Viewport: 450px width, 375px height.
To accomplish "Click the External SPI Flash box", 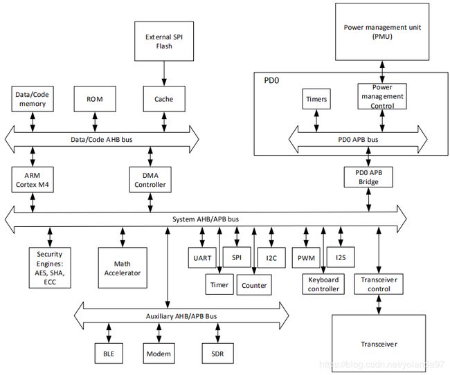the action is point(164,41).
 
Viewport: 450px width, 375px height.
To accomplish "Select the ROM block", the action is point(95,99).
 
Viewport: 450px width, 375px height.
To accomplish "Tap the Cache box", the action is point(164,99).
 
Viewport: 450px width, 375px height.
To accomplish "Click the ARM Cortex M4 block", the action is point(33,180).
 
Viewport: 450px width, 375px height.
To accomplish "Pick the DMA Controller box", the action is point(150,180).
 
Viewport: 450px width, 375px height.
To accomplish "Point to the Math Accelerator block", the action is point(123,268).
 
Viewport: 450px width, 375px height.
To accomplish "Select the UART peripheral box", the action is point(202,257).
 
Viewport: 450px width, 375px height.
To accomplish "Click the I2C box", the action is point(271,257).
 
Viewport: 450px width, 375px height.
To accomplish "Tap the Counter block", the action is point(254,285).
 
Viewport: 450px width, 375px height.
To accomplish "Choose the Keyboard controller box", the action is point(323,284).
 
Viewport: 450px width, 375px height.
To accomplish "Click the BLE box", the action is point(109,354).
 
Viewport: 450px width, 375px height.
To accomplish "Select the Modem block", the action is point(159,354).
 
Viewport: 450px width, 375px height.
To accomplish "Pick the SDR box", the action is point(217,354).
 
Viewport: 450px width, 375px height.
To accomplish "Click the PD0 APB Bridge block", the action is point(368,177).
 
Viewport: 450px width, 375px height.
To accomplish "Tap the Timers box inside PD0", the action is point(316,99).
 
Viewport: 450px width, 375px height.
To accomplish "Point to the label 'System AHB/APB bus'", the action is point(206,219).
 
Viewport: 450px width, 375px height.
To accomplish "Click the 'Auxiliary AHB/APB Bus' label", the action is point(181,316).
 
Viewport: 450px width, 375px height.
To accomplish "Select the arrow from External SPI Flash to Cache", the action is point(164,73).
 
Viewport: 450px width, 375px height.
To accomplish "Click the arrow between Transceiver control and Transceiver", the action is point(379,304).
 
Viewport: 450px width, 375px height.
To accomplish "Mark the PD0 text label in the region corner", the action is point(271,80).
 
